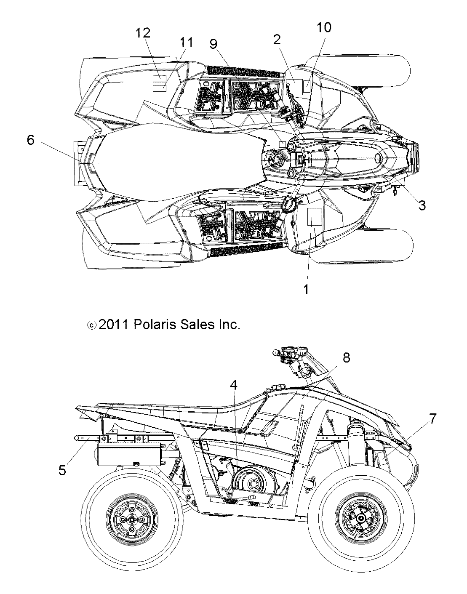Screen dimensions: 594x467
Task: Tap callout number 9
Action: (x=213, y=43)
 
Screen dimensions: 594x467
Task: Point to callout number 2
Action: (x=277, y=40)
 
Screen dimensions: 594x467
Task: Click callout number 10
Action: (x=324, y=27)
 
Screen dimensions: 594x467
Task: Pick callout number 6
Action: (x=31, y=140)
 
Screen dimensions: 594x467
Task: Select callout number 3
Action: (x=422, y=205)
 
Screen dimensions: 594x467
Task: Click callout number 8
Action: (x=346, y=357)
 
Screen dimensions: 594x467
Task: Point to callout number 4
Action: (x=233, y=384)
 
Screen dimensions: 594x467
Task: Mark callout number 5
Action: (x=62, y=470)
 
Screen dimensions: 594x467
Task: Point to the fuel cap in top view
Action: (x=277, y=160)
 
